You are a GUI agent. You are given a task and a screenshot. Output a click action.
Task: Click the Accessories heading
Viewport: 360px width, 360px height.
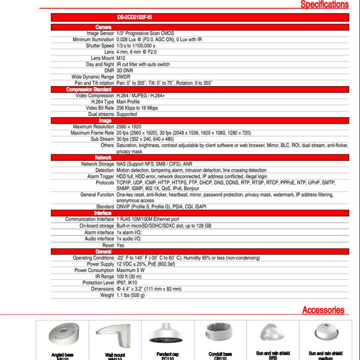coord(323,310)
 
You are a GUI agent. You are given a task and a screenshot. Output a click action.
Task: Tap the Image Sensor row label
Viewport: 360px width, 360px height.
coord(100,33)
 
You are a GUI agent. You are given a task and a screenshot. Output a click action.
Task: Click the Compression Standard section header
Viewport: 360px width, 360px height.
coord(89,89)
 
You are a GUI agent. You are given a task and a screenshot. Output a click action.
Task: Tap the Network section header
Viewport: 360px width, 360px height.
coord(103,157)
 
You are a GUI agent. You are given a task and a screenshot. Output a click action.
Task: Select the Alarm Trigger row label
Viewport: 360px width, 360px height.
coord(101,176)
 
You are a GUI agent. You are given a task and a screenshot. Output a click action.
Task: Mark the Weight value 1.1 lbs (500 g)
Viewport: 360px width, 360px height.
coord(130,295)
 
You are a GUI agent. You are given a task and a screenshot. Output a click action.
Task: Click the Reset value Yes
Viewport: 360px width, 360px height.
coord(120,245)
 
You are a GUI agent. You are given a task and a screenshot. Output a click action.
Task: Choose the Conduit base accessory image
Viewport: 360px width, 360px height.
coord(219,332)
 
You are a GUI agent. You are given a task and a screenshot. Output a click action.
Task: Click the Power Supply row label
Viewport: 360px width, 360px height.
coord(100,264)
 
